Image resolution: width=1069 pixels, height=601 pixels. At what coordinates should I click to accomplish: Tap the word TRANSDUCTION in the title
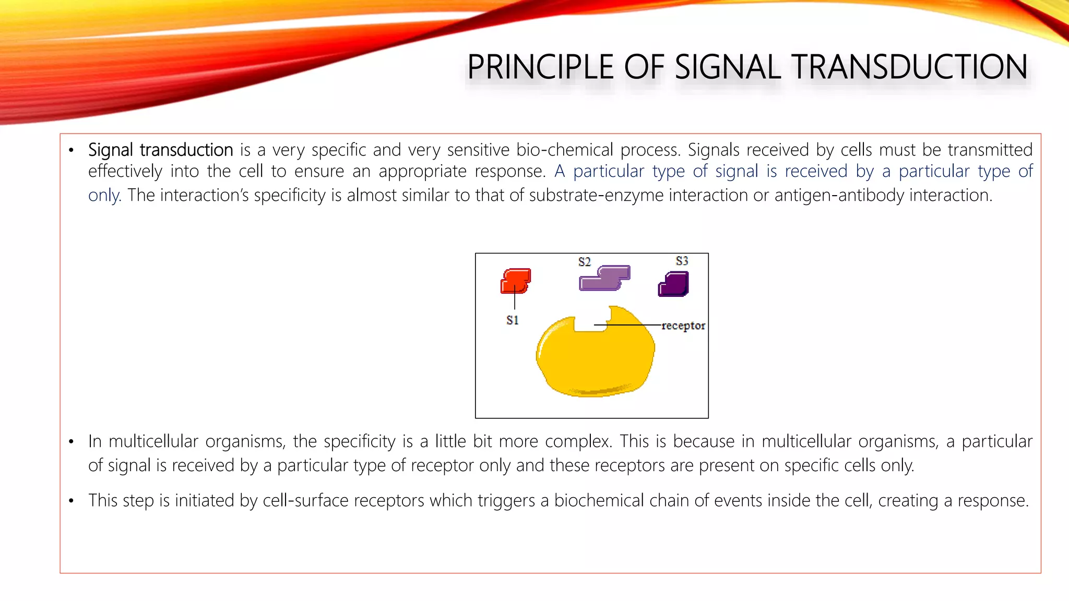click(x=909, y=67)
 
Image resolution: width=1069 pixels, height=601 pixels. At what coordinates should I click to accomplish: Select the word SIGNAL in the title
click(x=728, y=67)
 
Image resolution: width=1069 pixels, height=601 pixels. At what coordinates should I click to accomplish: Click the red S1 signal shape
click(x=516, y=281)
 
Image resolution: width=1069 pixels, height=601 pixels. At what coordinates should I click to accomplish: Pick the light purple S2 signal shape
click(x=604, y=278)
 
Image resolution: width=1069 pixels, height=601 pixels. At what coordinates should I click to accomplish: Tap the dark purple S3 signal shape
click(x=674, y=284)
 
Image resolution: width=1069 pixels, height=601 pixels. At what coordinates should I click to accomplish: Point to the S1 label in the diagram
click(x=513, y=320)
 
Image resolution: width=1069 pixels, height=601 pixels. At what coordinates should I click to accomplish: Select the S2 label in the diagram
click(x=584, y=261)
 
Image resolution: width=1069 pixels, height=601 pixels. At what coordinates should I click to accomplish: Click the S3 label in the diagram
click(x=682, y=260)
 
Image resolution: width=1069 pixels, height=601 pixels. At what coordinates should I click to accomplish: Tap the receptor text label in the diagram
click(x=683, y=326)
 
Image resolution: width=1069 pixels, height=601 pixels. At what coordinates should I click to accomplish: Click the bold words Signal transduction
click(x=160, y=150)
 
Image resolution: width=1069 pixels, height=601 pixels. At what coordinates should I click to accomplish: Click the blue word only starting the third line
click(x=104, y=196)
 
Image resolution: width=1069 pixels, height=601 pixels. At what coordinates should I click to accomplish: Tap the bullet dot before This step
click(x=72, y=501)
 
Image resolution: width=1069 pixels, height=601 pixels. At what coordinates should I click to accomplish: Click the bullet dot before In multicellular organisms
click(x=72, y=442)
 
